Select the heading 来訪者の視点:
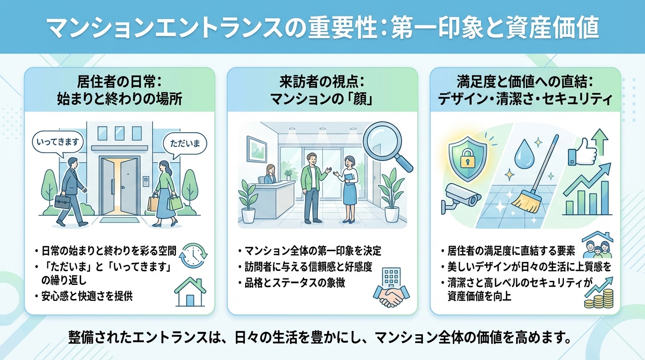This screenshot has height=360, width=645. pos(322,82)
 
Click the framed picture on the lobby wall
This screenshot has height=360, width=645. pos(257,147)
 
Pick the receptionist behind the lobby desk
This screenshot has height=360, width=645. pos(270,174)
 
